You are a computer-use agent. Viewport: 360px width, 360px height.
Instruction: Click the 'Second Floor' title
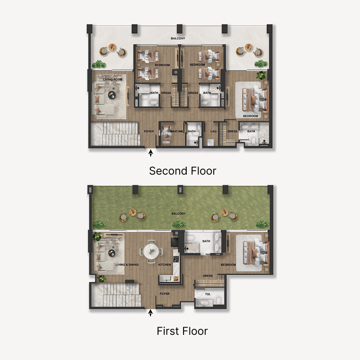182,171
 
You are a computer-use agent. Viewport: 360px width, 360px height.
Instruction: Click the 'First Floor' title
182,331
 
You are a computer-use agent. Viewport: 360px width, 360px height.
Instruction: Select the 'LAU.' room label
214,131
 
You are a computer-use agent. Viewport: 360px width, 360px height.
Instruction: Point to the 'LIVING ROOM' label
113,80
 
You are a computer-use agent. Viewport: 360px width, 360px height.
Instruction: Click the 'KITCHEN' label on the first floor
165,265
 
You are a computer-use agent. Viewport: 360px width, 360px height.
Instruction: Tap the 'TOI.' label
208,294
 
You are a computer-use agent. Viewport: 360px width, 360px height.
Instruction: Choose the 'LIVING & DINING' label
126,265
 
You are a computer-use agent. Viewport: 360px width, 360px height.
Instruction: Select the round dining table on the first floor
151,252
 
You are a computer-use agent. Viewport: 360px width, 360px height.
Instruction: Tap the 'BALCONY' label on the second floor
178,39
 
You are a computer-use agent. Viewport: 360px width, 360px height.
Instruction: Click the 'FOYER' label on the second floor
148,131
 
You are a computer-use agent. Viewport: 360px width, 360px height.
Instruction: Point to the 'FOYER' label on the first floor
165,293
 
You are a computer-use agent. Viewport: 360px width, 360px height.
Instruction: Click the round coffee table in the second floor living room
112,94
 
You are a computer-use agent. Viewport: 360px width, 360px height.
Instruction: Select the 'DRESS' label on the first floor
207,276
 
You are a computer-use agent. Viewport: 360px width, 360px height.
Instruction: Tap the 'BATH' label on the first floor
206,241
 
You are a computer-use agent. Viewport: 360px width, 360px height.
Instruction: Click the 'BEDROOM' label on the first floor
228,265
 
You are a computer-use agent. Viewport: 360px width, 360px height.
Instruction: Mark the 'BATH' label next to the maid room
192,131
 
